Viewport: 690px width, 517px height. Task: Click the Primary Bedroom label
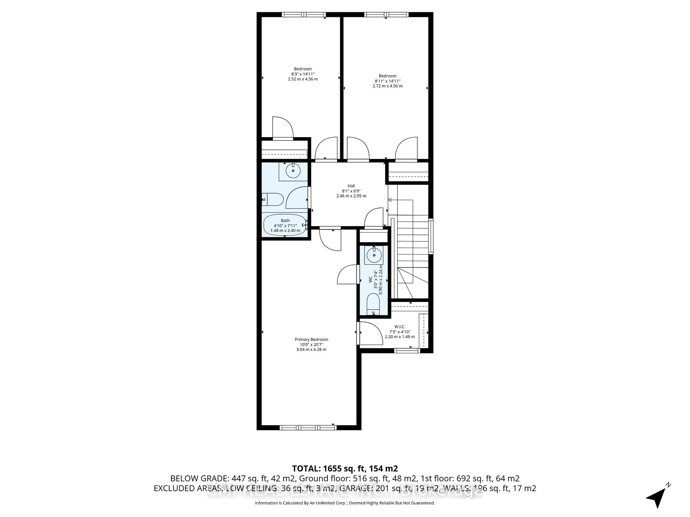click(311, 339)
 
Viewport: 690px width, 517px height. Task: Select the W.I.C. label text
click(400, 327)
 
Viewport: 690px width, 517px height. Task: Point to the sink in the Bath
click(294, 171)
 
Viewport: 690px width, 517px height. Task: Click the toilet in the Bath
click(273, 199)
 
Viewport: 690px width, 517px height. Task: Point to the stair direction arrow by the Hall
click(392, 200)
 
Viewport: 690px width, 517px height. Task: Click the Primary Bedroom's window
click(308, 427)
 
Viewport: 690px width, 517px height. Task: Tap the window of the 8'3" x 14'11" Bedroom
click(304, 15)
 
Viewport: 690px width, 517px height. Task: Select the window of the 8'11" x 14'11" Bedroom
click(386, 15)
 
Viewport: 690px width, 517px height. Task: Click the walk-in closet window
click(407, 350)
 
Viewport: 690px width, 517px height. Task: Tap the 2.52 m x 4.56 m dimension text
click(303, 79)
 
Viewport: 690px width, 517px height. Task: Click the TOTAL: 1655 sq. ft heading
click(345, 468)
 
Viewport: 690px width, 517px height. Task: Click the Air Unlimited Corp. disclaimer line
click(345, 503)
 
